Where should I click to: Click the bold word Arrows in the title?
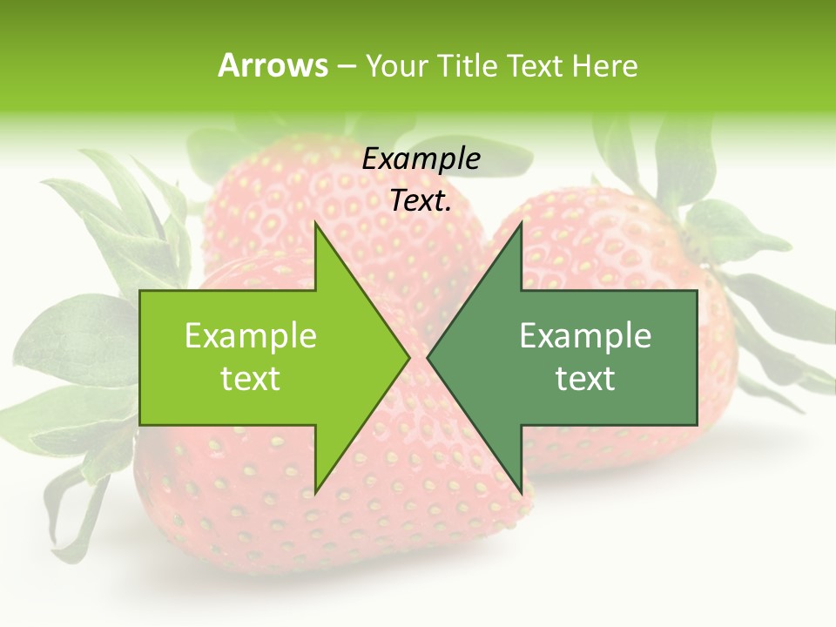(273, 65)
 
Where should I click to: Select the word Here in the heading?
(604, 65)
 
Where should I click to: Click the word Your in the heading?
(394, 66)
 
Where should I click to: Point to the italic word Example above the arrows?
(421, 159)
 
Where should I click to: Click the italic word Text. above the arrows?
(421, 201)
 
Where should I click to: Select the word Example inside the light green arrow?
(251, 336)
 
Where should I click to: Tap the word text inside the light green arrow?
(251, 379)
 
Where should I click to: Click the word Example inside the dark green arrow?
(585, 336)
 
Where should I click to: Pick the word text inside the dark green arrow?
(585, 379)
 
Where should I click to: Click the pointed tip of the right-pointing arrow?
(408, 357)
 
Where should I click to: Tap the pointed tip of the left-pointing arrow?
(428, 357)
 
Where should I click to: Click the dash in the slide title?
(346, 66)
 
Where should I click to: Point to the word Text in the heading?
(534, 65)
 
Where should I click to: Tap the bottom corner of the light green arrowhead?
(315, 491)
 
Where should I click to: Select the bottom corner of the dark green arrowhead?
(521, 491)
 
